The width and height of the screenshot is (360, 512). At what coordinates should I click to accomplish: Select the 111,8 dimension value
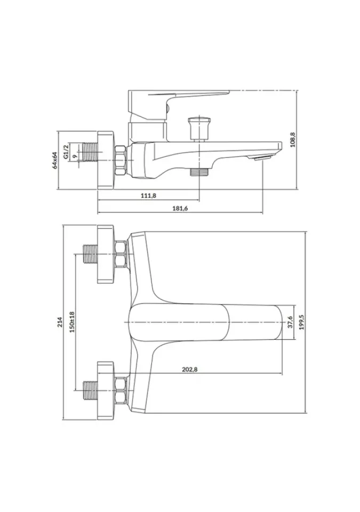click(148, 195)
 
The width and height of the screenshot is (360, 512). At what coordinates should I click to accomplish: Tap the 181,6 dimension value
click(180, 209)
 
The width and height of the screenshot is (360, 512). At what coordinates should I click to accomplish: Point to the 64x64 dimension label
click(55, 161)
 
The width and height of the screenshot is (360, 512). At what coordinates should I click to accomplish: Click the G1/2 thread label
click(66, 151)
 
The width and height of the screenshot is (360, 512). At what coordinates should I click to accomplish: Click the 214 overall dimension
click(59, 322)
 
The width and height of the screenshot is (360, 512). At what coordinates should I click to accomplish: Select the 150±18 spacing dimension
click(72, 322)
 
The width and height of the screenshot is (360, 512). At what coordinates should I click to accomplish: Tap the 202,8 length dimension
click(190, 369)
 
